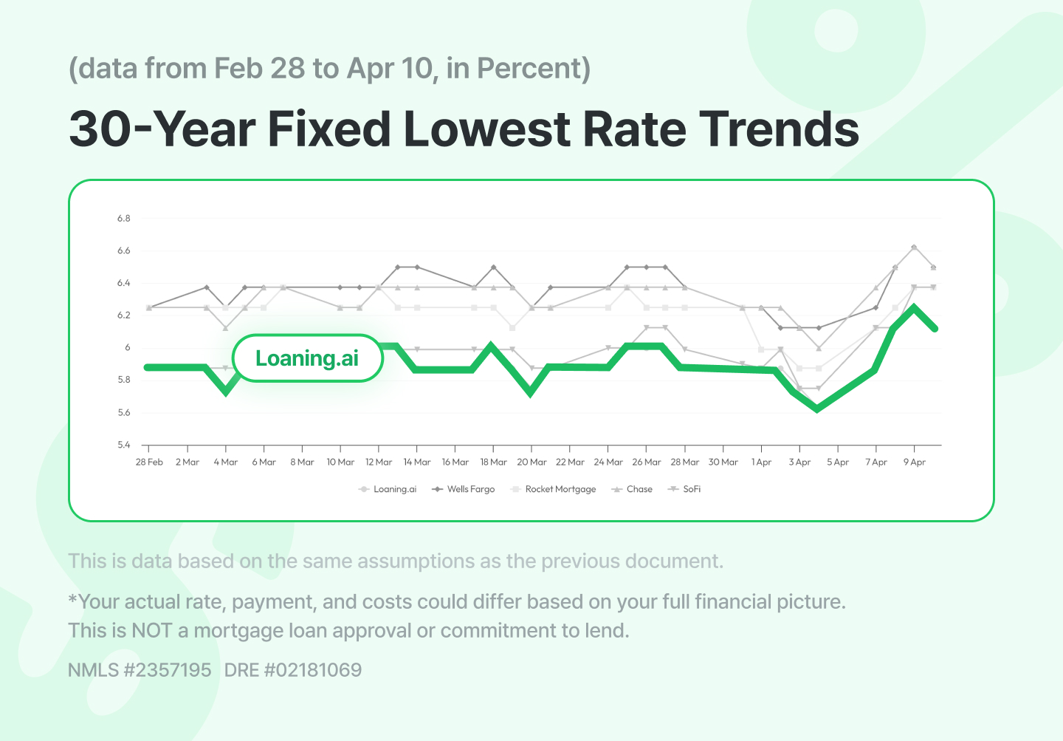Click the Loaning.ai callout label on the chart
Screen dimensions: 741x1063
(x=307, y=358)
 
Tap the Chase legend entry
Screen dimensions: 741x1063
(x=633, y=489)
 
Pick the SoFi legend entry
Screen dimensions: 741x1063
(x=685, y=489)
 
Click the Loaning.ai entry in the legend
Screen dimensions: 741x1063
(x=388, y=489)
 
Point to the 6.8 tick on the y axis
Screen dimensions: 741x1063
(x=123, y=219)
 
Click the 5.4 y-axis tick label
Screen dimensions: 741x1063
(x=123, y=445)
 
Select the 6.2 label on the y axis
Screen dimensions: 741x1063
(x=123, y=315)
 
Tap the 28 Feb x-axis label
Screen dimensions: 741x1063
(x=149, y=462)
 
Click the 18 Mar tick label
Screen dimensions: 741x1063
(x=493, y=462)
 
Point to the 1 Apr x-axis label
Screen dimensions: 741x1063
(x=761, y=462)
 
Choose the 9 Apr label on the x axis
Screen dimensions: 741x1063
(x=915, y=462)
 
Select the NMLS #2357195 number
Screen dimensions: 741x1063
(x=140, y=670)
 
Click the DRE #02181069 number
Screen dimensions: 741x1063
(x=293, y=670)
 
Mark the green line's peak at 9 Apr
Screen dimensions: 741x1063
(x=915, y=307)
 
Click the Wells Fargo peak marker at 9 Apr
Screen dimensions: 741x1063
(x=915, y=247)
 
